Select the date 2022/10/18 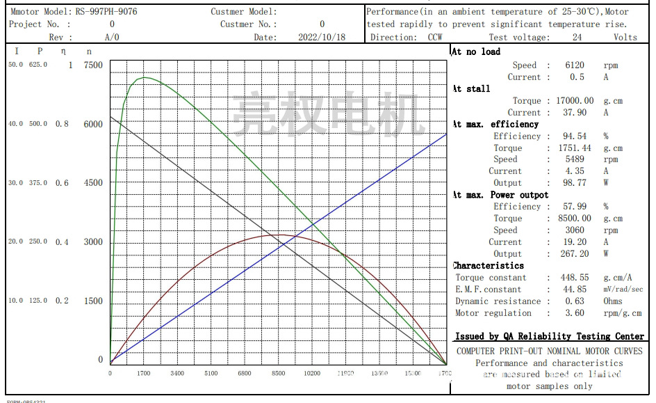pos(321,38)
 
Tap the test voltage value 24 pos(577,38)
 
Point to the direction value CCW pos(436,38)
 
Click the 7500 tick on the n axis pos(92,65)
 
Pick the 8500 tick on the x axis pos(278,374)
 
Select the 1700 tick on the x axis pos(144,374)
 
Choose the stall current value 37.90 pos(576,113)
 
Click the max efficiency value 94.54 pos(577,136)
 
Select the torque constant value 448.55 pos(576,278)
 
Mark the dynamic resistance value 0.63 pos(576,301)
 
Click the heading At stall pos(471,89)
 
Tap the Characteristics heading pos(488,266)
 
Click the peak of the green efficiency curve pos(143,77)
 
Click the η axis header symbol pos(64,52)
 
